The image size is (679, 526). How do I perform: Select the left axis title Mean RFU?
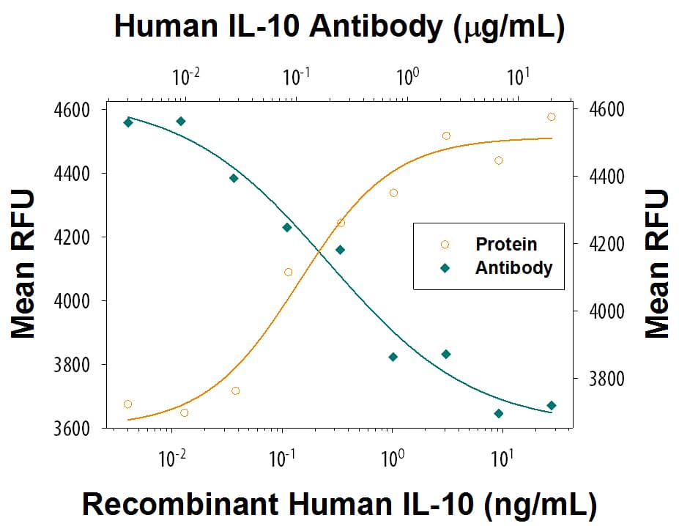click(23, 264)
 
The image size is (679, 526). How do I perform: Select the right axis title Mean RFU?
click(657, 264)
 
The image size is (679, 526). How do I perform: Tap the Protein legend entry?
click(506, 244)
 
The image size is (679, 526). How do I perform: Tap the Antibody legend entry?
click(513, 267)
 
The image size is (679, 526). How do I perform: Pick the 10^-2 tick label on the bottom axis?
click(173, 460)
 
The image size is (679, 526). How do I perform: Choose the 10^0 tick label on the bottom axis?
click(393, 460)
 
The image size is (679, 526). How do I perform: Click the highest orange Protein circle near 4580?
click(552, 117)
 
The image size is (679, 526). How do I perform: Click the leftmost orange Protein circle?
click(128, 404)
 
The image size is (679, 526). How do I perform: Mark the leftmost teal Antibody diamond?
click(128, 122)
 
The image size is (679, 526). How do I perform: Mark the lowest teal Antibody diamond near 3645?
click(499, 413)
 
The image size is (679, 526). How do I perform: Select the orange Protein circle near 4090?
click(288, 273)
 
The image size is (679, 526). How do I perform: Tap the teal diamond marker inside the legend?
click(444, 268)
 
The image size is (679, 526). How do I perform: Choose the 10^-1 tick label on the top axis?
click(297, 76)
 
